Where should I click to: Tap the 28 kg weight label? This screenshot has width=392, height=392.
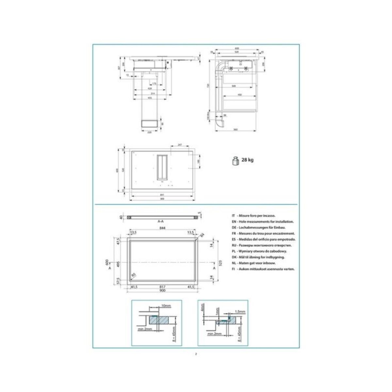coord(247,160)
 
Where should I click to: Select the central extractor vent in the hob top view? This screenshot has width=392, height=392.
coord(162,167)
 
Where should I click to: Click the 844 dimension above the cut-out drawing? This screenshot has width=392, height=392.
coord(162,228)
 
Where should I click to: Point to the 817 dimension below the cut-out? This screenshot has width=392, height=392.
coord(162,287)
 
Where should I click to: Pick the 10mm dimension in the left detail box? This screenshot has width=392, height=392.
coord(166,306)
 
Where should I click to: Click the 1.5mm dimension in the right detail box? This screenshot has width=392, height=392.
coord(241,312)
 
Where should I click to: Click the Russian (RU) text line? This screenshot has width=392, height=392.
coord(261,245)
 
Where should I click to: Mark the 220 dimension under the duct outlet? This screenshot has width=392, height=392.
coord(149,132)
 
